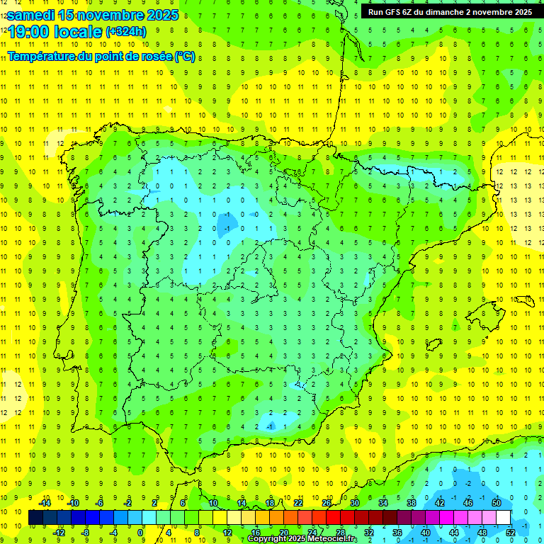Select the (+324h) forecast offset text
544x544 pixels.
click(125, 31)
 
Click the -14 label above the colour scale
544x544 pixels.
click(45, 503)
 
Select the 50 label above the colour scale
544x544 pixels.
click(497, 503)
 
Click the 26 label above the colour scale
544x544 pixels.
click(327, 503)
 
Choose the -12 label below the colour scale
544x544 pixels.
click(59, 533)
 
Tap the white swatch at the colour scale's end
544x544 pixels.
click(504, 518)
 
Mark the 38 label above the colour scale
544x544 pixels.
click(412, 503)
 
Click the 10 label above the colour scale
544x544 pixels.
click(213, 503)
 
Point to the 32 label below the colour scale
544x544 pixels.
click(369, 533)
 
